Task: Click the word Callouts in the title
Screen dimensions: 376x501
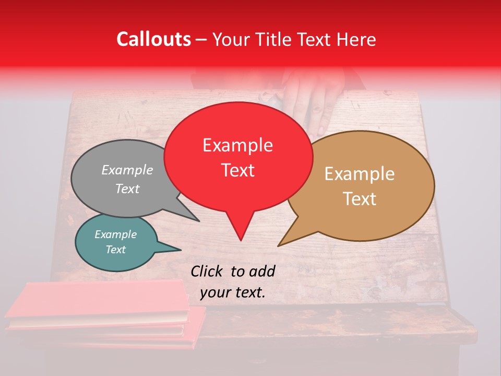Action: [153, 39]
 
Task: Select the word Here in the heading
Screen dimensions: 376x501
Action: [356, 39]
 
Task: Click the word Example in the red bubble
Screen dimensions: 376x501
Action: [237, 145]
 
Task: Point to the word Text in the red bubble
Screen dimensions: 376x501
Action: [237, 170]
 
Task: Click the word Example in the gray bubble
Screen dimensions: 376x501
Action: [127, 170]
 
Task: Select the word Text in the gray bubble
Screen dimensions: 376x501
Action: [127, 189]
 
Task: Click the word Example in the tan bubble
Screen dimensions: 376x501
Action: [360, 174]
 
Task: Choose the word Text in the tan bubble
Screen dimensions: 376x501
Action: [360, 199]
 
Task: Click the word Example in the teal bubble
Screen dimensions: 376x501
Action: [116, 234]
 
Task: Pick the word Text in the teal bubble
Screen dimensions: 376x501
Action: [116, 250]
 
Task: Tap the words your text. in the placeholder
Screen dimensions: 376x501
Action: [233, 293]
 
